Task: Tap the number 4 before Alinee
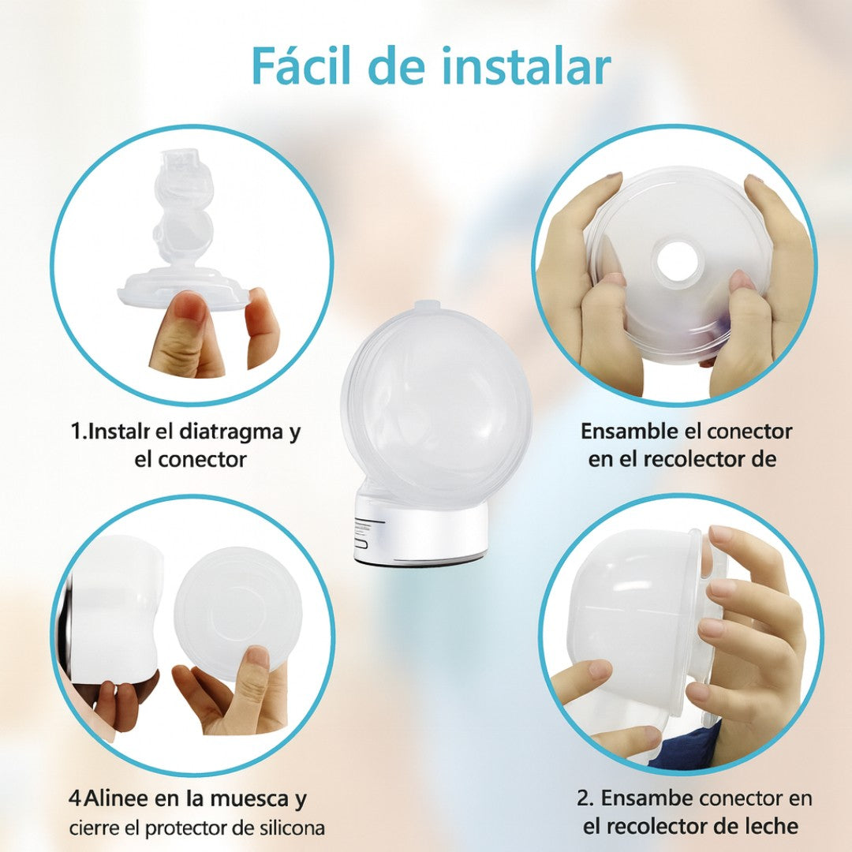coord(73,799)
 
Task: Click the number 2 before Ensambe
coord(583,798)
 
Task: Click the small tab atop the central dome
coord(424,305)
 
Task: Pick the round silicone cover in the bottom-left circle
coord(237,612)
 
